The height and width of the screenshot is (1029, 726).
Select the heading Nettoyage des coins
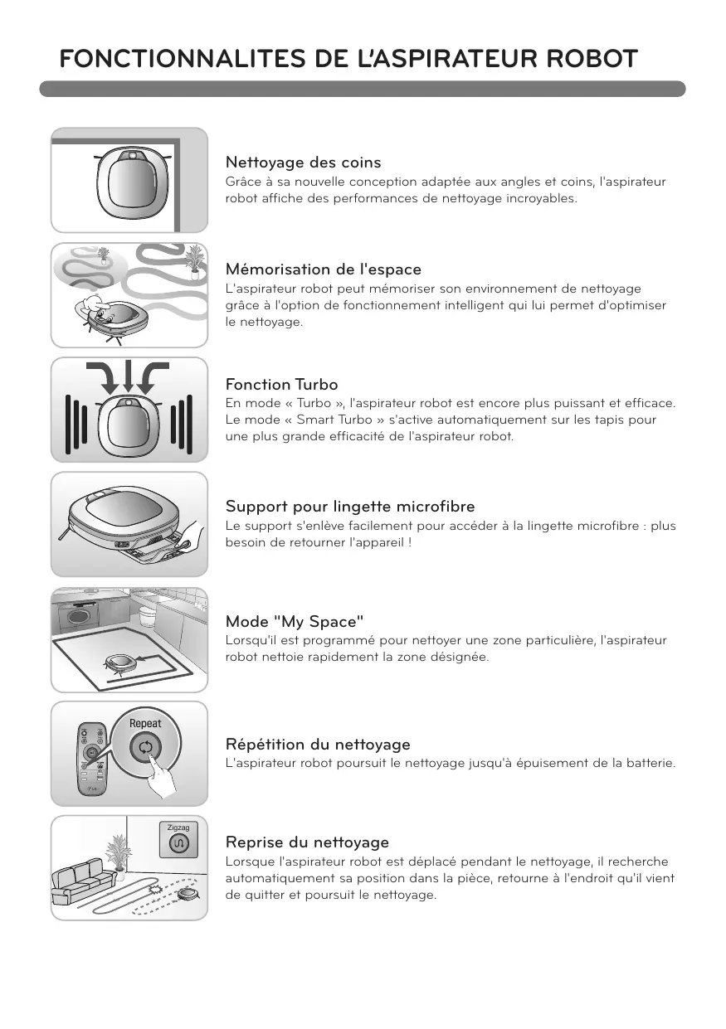tap(303, 163)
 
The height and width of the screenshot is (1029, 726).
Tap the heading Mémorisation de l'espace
tap(324, 269)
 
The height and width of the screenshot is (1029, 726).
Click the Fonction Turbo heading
tap(281, 384)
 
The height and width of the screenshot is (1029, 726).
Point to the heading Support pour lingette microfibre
tap(350, 507)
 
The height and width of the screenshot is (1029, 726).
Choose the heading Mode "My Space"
tap(295, 622)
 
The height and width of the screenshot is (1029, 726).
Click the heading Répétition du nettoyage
tap(318, 744)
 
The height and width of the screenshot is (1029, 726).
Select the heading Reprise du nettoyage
tap(307, 842)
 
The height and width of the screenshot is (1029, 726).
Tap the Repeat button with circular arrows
tap(145, 748)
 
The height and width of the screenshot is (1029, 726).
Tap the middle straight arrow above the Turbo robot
tap(128, 377)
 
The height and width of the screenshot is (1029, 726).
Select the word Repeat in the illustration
tap(145, 723)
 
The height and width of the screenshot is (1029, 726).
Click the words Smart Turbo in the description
tap(334, 420)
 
